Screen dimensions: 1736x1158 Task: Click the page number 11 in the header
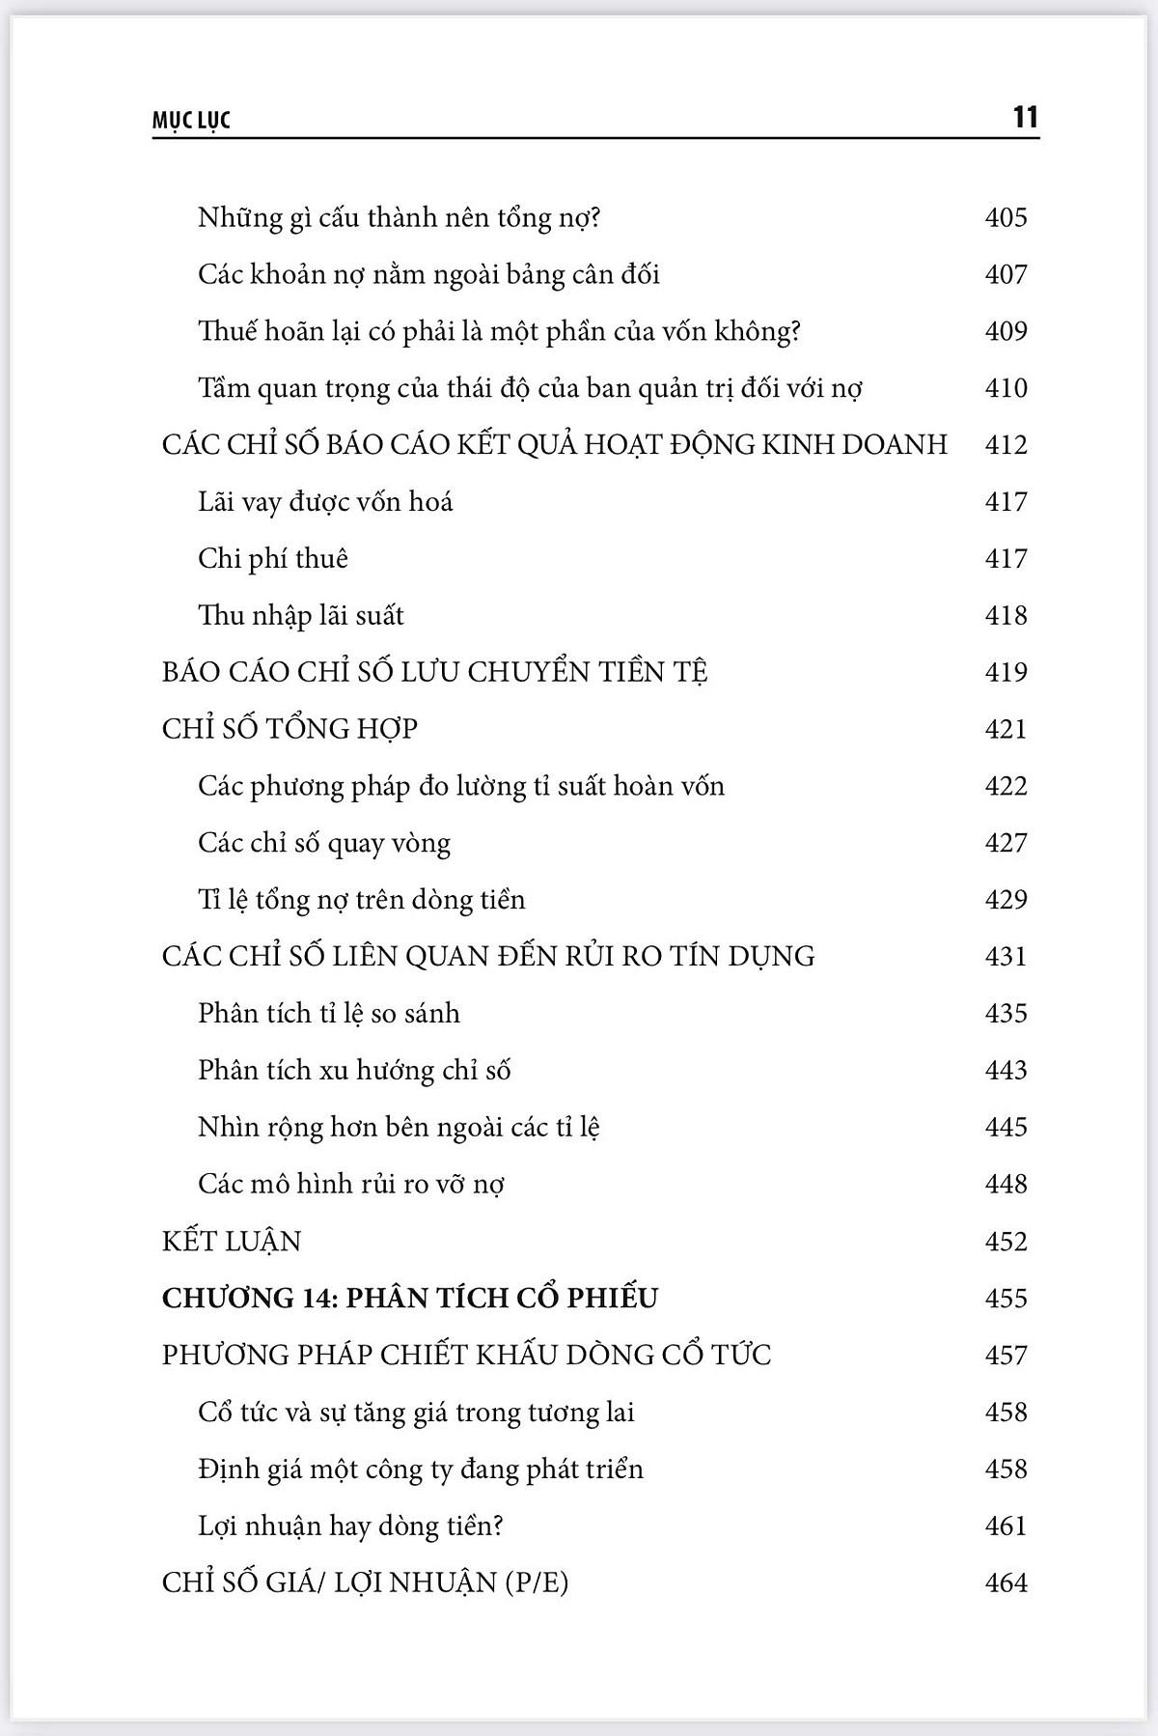point(1025,118)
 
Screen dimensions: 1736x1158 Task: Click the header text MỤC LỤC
point(192,122)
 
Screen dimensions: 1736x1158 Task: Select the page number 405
point(1006,217)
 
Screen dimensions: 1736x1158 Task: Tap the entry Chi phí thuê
point(273,559)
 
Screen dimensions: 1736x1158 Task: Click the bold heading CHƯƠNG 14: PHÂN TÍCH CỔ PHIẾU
point(409,1298)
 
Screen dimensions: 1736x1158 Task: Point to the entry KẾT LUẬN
point(232,1241)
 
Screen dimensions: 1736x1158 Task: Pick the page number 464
point(1006,1582)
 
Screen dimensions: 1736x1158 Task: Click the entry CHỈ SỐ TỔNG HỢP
point(289,729)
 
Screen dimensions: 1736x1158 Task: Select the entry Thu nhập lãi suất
point(301,616)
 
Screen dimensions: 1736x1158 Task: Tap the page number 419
point(1006,672)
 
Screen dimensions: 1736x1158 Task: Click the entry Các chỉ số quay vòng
point(324,843)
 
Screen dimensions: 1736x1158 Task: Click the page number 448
point(1006,1184)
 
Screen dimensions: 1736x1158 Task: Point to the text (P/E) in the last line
point(537,1583)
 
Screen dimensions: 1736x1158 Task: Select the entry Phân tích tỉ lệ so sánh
point(329,1014)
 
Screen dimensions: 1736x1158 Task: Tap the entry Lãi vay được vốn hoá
point(325,502)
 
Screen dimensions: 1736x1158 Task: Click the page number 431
point(1006,957)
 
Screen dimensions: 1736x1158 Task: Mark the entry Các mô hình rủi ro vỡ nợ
point(351,1185)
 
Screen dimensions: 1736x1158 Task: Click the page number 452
point(1006,1241)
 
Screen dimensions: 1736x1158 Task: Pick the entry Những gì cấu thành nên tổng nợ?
point(400,218)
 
